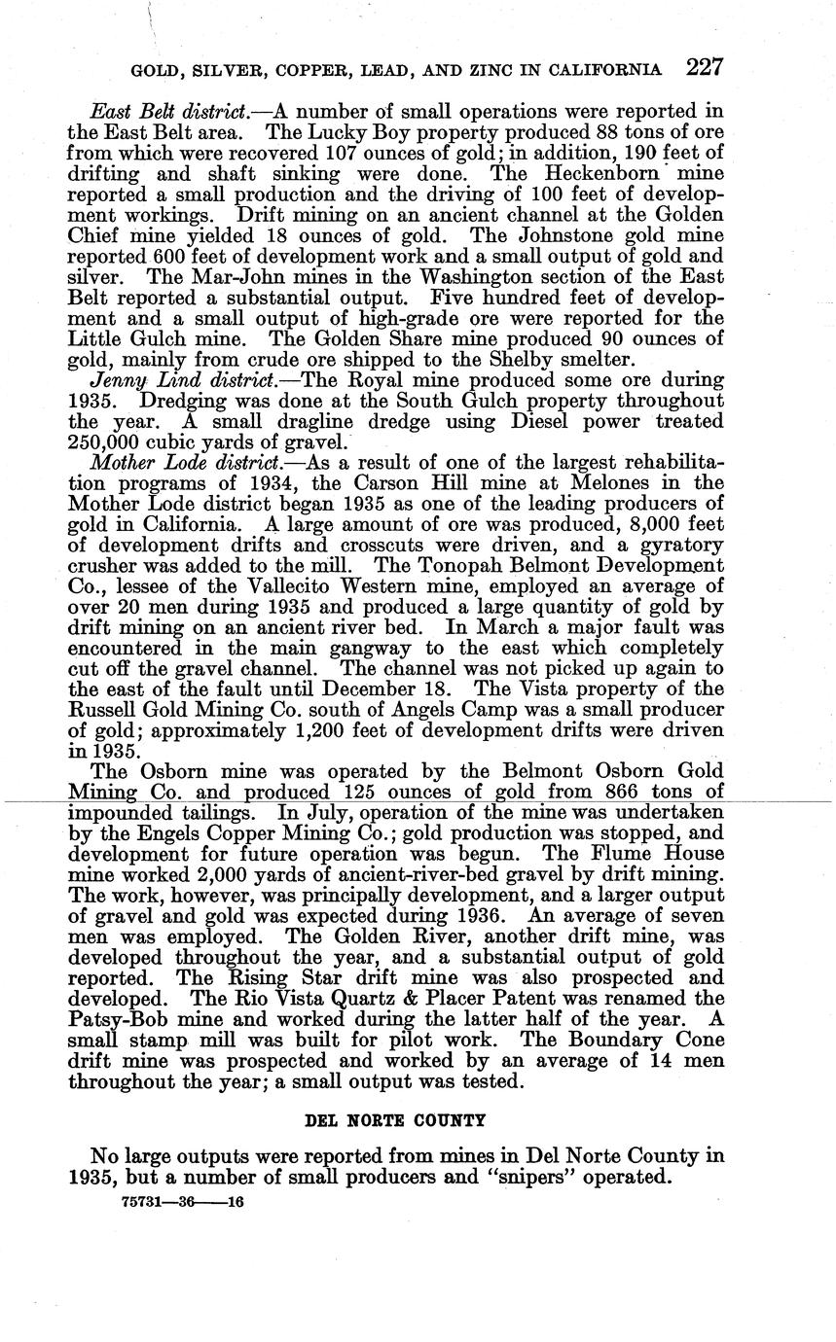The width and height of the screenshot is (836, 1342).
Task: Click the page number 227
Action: pyautogui.click(x=705, y=68)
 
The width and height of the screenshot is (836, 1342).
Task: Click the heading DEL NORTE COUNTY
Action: pyautogui.click(x=395, y=1120)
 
